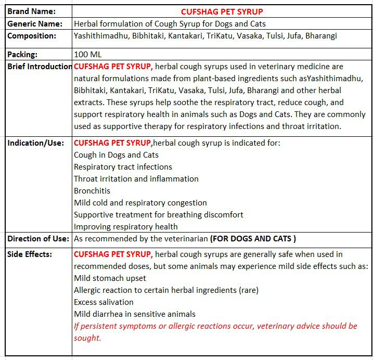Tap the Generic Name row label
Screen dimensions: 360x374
click(34, 24)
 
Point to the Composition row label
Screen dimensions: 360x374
click(32, 36)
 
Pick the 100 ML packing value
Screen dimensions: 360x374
click(88, 54)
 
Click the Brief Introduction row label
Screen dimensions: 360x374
click(40, 67)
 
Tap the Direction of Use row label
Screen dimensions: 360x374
click(38, 239)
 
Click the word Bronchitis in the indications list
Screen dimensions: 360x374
click(92, 191)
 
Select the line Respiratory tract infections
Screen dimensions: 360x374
click(123, 167)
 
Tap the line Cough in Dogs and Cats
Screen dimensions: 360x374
click(116, 155)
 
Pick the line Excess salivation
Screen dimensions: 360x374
click(104, 302)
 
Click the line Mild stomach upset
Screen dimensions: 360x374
click(110, 278)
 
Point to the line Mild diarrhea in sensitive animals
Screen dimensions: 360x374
click(135, 314)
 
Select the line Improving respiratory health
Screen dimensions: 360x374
click(125, 227)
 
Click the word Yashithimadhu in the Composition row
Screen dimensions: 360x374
click(99, 36)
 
